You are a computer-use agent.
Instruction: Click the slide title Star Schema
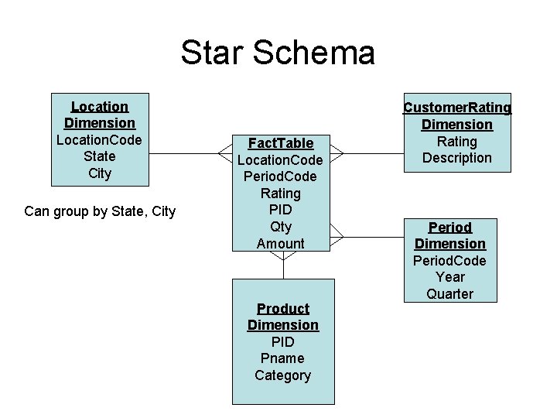point(278,53)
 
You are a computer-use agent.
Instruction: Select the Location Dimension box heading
point(99,115)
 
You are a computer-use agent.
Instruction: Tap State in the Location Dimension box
point(99,156)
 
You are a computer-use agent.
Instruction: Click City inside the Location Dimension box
point(99,173)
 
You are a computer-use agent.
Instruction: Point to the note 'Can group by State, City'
point(100,211)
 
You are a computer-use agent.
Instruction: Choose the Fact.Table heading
point(280,143)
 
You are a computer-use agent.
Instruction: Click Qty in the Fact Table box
point(280,227)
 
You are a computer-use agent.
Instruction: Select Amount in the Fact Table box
point(280,244)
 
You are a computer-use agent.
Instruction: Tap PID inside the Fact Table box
point(280,210)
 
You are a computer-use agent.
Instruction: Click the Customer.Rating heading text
point(457,108)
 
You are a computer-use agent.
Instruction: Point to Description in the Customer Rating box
point(457,158)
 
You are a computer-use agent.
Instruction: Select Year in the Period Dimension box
point(450,277)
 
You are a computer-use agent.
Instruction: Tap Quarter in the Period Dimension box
point(450,294)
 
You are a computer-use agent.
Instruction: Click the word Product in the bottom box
point(282,308)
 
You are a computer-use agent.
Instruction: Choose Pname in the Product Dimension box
point(282,358)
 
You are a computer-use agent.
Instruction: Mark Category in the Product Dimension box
point(282,375)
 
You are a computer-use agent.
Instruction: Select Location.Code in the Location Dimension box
point(99,140)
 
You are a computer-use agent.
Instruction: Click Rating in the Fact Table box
point(280,194)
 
